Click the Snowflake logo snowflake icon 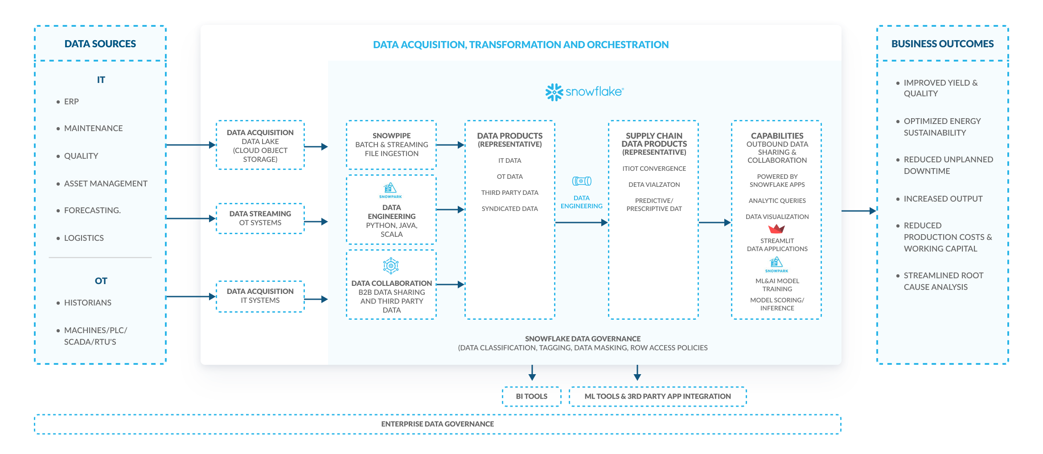tap(554, 92)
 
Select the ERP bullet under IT tap(71, 102)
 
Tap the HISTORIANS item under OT tap(87, 303)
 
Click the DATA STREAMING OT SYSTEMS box tap(260, 219)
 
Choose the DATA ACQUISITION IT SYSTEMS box tap(260, 296)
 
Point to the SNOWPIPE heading tap(391, 136)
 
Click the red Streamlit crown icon tap(776, 229)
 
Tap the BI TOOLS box tap(531, 396)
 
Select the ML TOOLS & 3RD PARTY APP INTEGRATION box tap(657, 396)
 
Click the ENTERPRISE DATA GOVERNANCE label tap(437, 424)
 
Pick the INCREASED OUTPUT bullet tap(943, 199)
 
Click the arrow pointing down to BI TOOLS tap(532, 373)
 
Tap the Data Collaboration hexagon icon tap(391, 266)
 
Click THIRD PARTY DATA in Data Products tap(509, 193)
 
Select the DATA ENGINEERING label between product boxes tap(581, 202)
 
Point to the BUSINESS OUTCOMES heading tap(942, 44)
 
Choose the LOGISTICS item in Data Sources tap(84, 238)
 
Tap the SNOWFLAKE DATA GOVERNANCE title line tap(583, 339)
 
